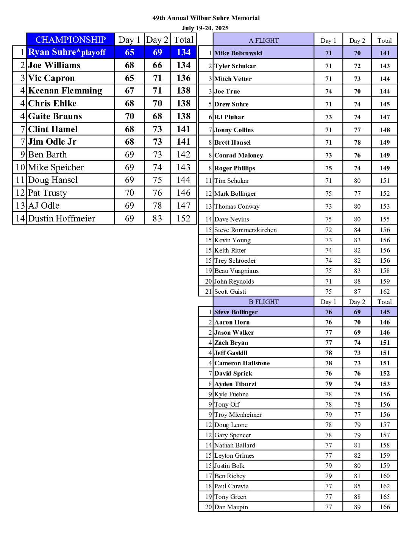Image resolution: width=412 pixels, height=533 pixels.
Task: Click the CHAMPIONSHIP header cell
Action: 70,40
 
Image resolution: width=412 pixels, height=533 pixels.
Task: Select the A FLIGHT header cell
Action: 264,41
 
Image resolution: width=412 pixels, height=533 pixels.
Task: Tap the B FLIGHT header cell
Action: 264,302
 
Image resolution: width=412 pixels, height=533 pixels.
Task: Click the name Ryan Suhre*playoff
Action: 67,52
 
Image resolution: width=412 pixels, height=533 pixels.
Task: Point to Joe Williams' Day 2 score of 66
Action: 157,65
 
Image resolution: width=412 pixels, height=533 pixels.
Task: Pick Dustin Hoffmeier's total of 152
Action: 183,218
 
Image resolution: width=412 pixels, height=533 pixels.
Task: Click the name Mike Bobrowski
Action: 238,53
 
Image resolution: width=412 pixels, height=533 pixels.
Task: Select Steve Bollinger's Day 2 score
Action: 357,312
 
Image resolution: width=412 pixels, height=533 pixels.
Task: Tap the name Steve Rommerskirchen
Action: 245,230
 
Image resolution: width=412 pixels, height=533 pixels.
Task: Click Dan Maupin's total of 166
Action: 385,507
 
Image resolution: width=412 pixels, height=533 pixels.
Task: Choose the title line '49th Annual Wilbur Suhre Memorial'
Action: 206,18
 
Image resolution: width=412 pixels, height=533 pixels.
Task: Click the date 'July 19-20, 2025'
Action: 205,28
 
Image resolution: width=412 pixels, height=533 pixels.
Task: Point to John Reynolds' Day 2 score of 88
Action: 357,281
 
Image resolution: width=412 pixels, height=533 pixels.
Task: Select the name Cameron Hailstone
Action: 242,363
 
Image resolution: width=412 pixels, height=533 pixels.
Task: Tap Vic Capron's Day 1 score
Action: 130,78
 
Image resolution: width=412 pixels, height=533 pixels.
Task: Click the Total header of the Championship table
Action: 183,40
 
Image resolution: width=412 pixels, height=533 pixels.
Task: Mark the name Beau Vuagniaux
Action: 237,271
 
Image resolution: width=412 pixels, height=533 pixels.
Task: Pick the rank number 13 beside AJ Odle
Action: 20,206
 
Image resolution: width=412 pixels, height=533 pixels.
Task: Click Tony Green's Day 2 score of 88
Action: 357,497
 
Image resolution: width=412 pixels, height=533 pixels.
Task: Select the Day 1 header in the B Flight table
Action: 328,302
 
